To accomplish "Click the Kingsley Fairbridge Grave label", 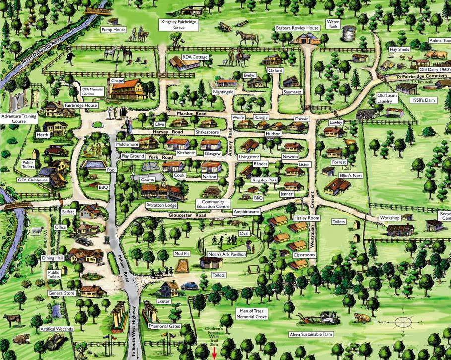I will coord(179,25).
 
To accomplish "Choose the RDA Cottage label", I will coord(195,57).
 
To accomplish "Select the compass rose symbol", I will coord(402,321).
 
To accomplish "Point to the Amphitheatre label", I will coord(246,212).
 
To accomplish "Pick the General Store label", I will coord(62,293).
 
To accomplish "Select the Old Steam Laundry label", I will coord(388,98).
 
